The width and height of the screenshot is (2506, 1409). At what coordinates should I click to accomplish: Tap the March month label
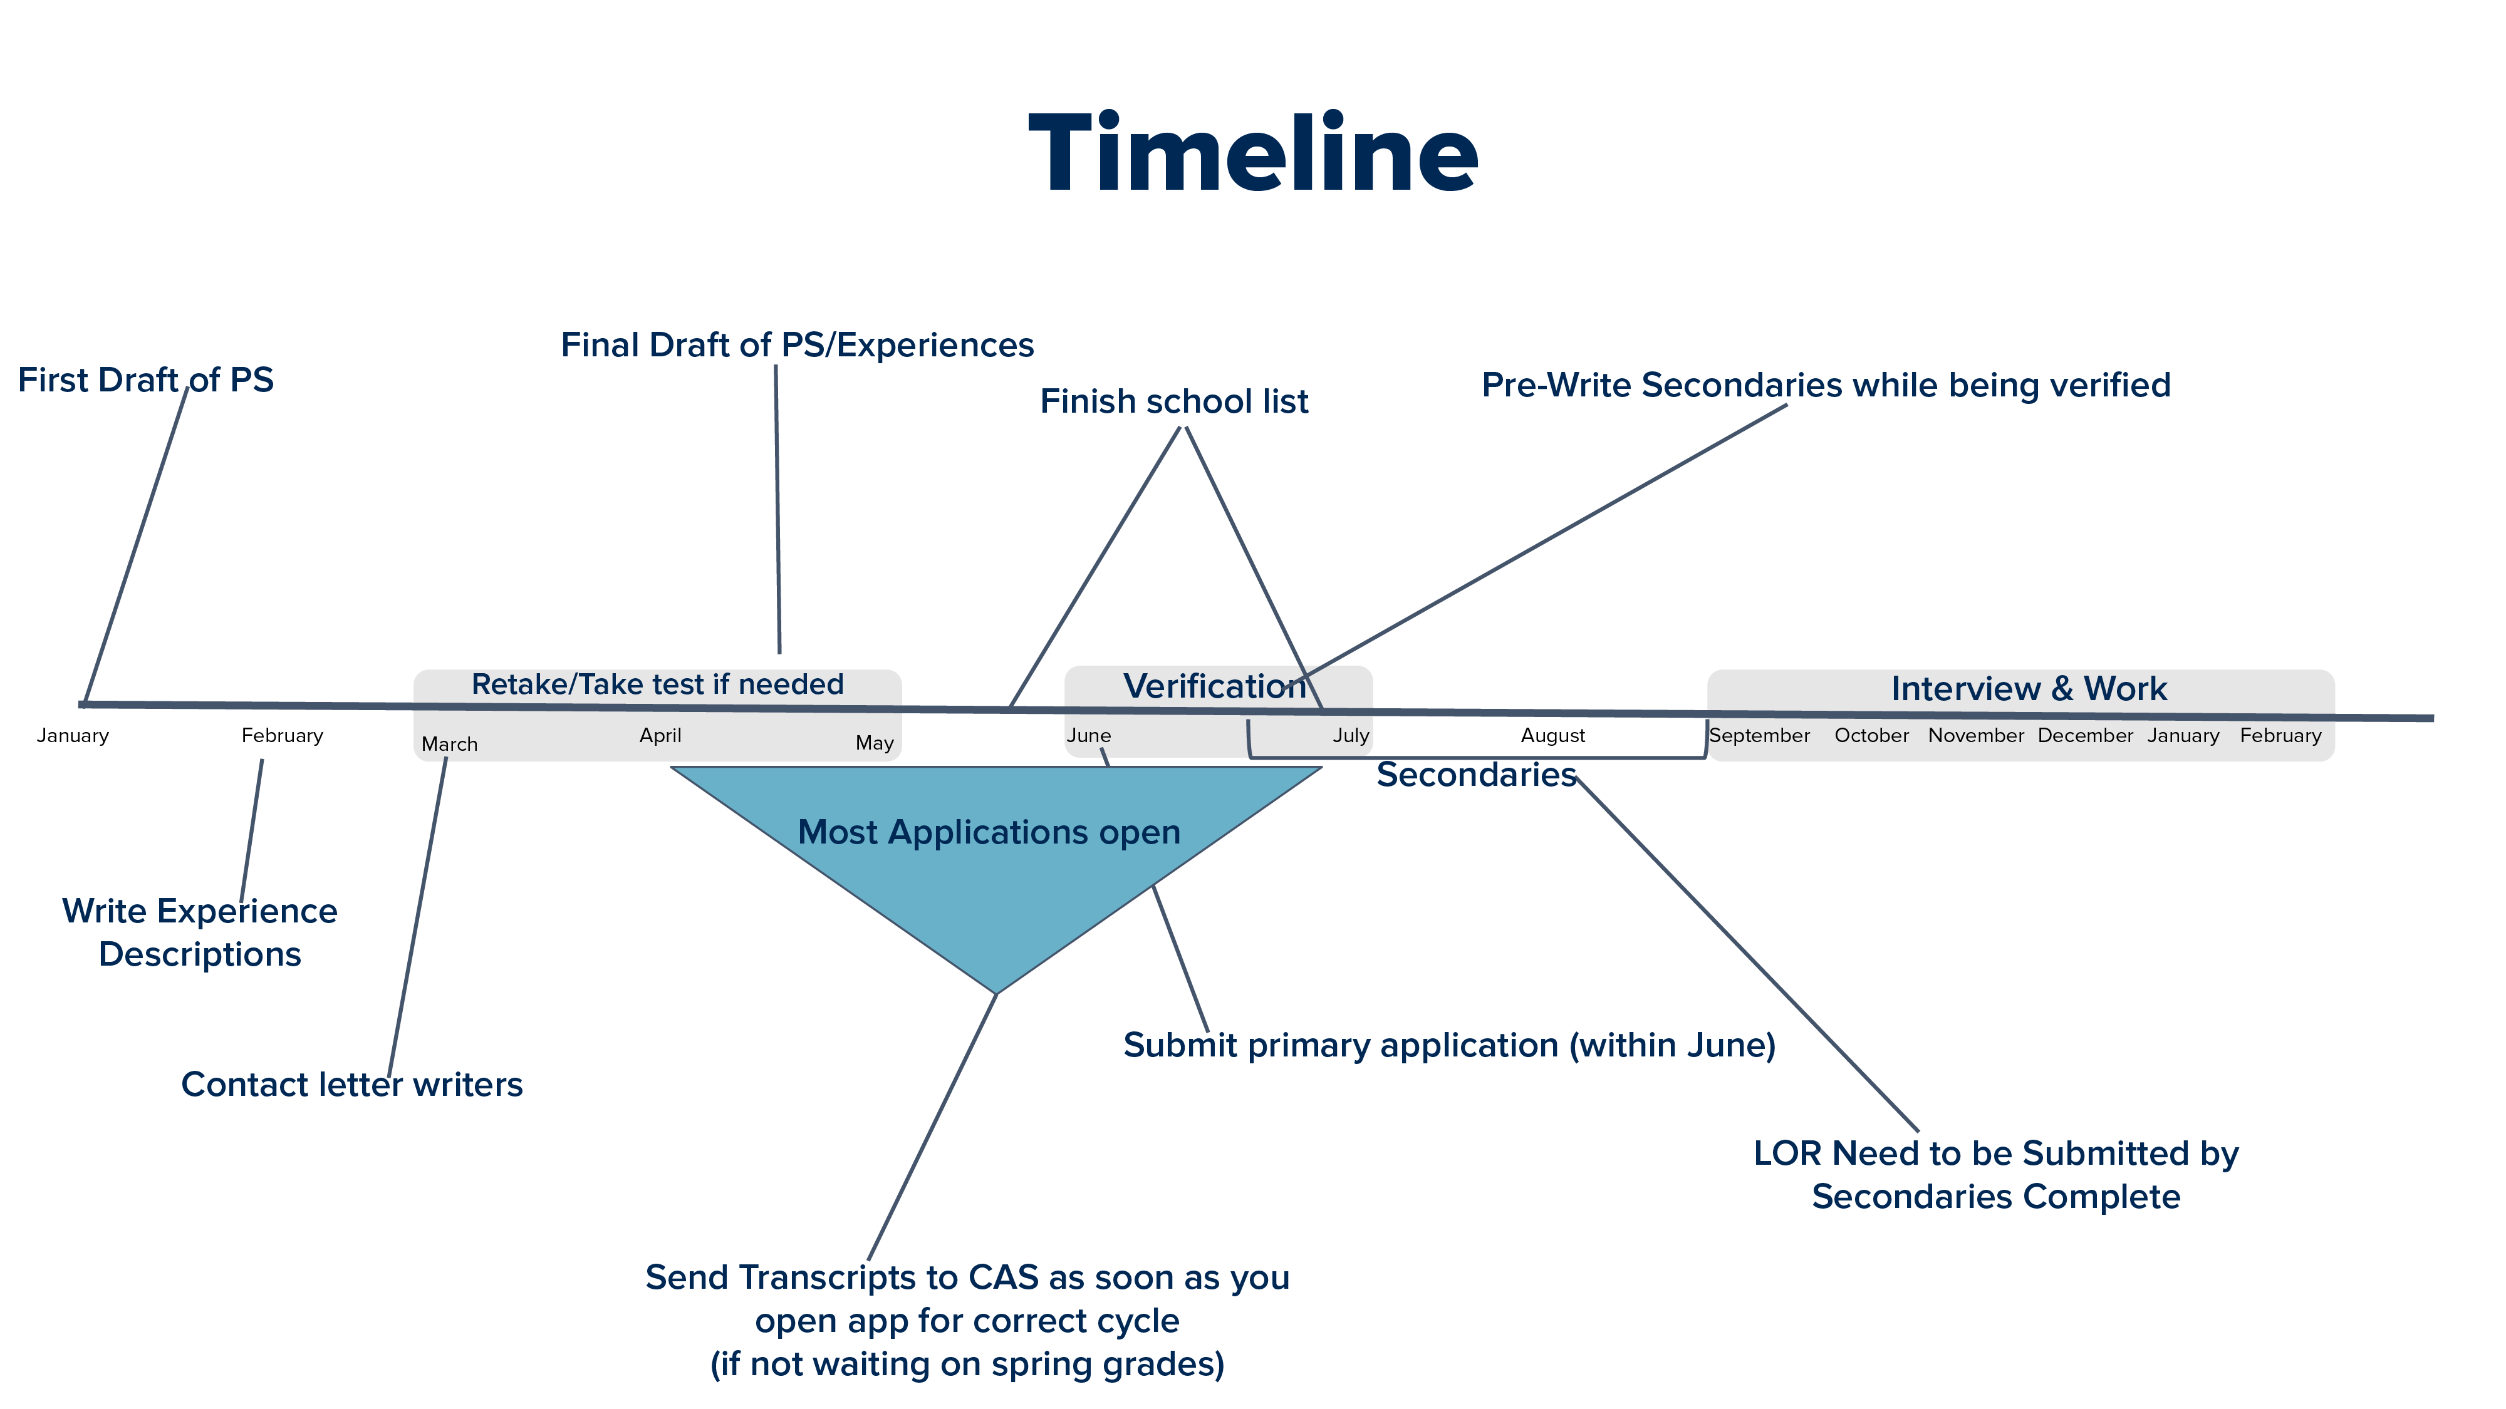tap(449, 745)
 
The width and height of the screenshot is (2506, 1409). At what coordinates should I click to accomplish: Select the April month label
tap(660, 736)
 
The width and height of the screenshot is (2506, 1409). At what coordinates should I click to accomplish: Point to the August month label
tap(1552, 736)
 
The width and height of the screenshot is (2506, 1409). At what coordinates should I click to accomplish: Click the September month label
tap(1759, 736)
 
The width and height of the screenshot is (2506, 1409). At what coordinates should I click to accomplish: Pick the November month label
tap(1976, 736)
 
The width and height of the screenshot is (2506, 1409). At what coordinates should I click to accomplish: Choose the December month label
tap(2085, 736)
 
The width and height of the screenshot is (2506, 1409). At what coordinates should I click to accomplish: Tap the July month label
tap(1350, 736)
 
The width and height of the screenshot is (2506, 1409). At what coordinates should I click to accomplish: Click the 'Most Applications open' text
tap(989, 832)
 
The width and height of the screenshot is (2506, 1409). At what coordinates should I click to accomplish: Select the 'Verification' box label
tap(1214, 686)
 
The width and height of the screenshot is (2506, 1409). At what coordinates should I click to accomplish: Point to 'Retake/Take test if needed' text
tap(658, 684)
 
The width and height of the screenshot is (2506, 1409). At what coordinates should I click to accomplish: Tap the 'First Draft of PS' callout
tap(146, 380)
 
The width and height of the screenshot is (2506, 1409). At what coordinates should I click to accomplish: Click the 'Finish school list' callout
tap(1174, 401)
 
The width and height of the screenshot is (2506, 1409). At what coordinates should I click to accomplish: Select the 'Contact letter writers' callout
tap(352, 1084)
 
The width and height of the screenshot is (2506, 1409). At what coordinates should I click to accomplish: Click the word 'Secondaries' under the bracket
tap(1476, 775)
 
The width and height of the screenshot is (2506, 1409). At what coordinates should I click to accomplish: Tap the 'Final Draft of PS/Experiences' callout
tap(797, 345)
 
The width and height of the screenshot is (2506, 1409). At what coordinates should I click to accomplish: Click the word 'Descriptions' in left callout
tap(199, 954)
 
